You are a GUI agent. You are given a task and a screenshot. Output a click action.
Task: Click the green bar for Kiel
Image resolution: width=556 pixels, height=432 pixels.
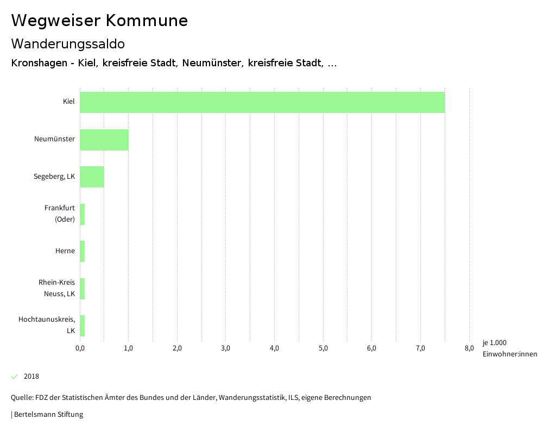tap(262, 102)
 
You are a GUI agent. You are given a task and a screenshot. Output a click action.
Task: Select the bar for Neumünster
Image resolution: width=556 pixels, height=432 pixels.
tap(104, 140)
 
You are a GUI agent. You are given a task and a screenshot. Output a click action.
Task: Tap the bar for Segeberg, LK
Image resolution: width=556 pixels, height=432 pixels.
tap(92, 177)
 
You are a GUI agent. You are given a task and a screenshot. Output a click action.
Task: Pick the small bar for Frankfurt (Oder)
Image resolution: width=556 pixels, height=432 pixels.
tap(83, 214)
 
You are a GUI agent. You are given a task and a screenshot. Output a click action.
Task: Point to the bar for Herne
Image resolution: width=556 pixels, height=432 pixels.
tap(83, 251)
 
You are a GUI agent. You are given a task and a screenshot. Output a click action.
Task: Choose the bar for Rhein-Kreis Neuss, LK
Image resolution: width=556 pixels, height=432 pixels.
tap(83, 289)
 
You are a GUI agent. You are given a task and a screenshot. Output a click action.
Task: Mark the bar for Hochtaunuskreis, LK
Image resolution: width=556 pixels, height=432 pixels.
tap(83, 325)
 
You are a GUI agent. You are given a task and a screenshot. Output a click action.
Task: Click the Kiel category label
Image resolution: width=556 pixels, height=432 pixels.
tap(68, 102)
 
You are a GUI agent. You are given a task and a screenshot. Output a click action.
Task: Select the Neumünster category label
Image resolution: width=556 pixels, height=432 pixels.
tap(54, 140)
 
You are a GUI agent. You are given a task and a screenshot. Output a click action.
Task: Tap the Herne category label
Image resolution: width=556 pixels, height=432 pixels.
tap(65, 251)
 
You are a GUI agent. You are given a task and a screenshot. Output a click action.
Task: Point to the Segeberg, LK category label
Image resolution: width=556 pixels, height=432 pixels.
tap(54, 177)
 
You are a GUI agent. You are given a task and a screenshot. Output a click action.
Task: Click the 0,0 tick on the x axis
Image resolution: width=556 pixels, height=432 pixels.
tap(80, 348)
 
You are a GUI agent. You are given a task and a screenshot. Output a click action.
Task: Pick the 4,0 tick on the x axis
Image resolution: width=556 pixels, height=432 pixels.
tap(274, 348)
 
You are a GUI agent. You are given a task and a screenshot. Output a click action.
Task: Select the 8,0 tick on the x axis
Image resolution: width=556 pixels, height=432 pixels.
tap(469, 348)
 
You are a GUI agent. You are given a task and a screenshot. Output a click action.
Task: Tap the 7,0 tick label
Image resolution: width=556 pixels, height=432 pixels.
tap(420, 348)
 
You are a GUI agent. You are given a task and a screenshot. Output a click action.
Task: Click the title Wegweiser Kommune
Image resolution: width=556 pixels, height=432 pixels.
tap(99, 21)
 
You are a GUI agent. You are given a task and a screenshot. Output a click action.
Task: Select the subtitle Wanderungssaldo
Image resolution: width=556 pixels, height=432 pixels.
tap(68, 44)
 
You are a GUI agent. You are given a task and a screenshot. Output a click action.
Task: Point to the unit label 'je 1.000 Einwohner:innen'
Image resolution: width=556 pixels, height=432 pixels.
tap(509, 348)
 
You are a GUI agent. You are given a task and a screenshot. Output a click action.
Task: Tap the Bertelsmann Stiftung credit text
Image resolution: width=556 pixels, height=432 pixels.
tap(48, 415)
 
